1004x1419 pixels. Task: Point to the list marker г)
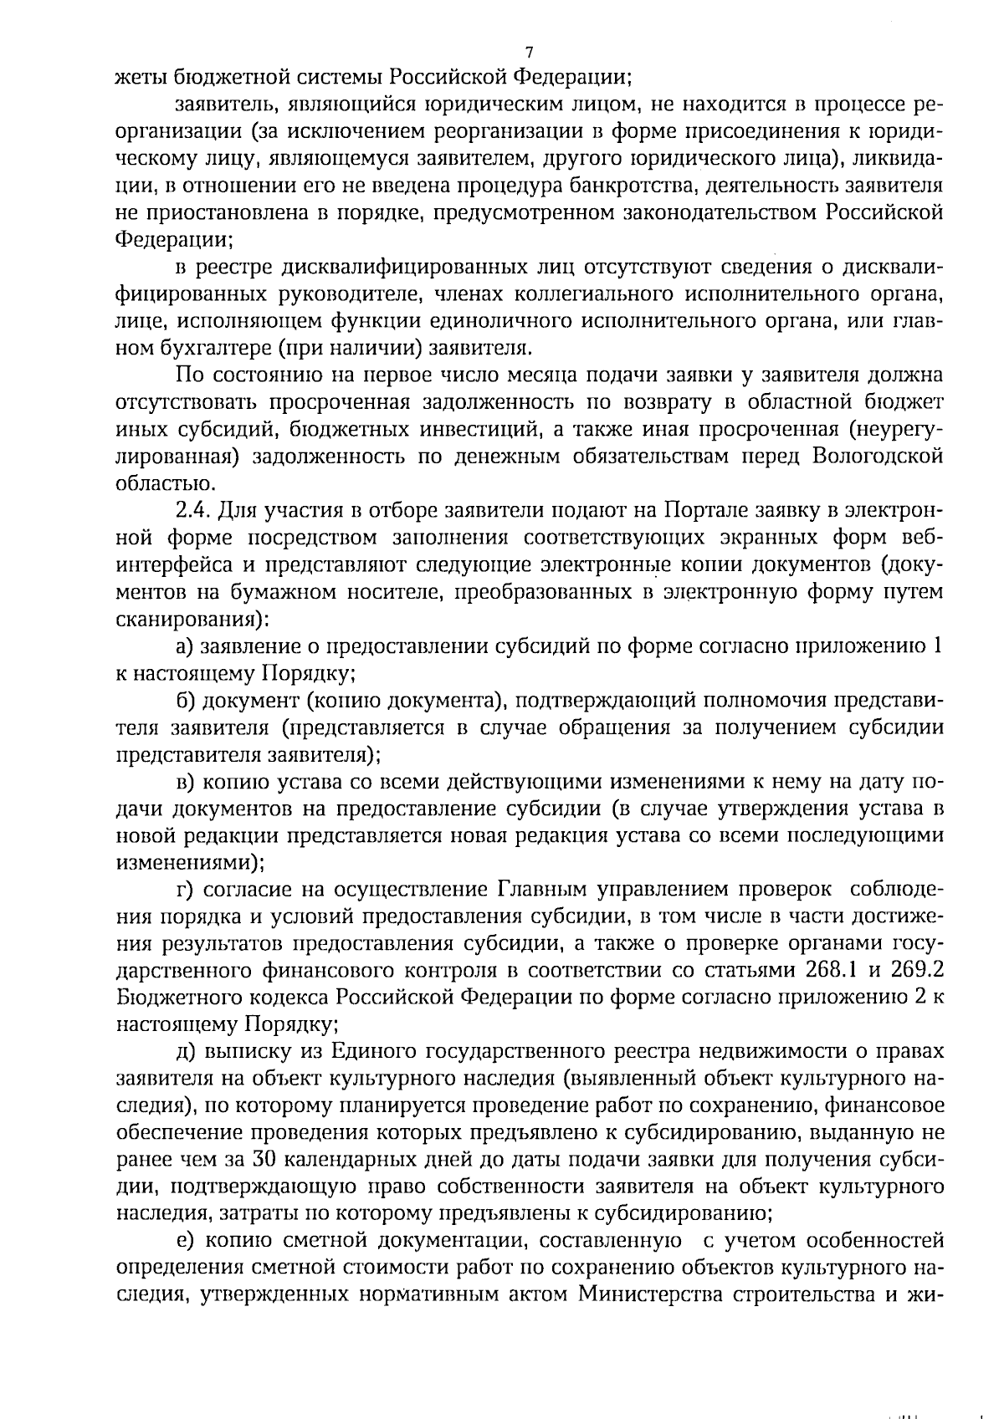tap(185, 890)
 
